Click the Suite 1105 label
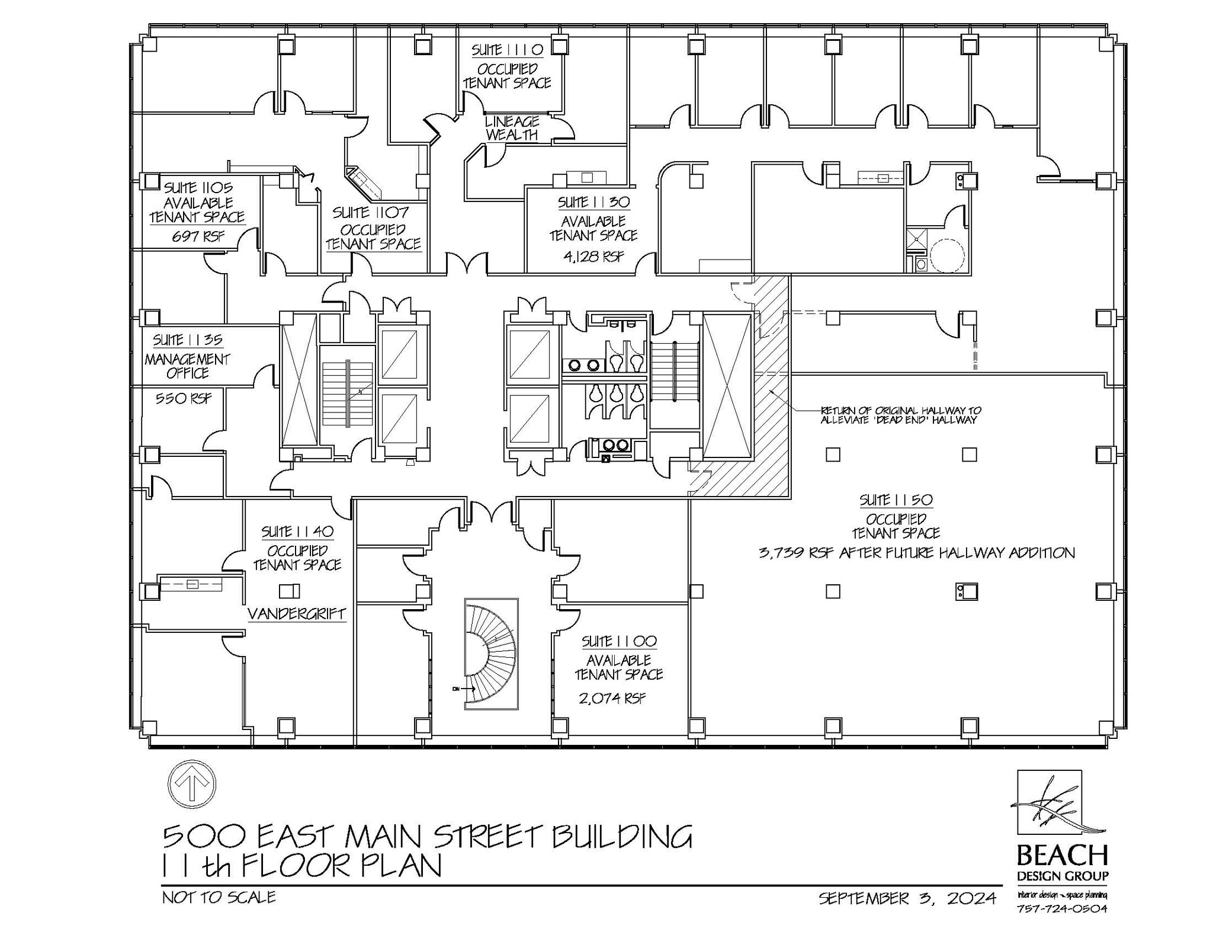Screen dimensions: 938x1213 198,188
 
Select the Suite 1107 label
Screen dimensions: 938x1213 370,212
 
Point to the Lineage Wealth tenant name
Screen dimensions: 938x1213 512,128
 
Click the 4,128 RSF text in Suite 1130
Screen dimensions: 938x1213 594,257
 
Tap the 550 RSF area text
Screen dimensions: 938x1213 183,398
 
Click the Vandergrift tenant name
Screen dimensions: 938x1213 296,613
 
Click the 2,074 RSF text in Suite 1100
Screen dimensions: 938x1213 612,698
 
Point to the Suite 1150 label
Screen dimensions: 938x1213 896,500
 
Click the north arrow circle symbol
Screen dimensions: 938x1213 192,784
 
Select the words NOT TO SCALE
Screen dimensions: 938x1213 219,897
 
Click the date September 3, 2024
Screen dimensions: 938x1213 907,899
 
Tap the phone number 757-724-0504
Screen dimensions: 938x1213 1061,925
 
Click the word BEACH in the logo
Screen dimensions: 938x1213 1062,856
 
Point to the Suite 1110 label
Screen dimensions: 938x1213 507,50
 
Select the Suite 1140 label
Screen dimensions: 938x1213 297,532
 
